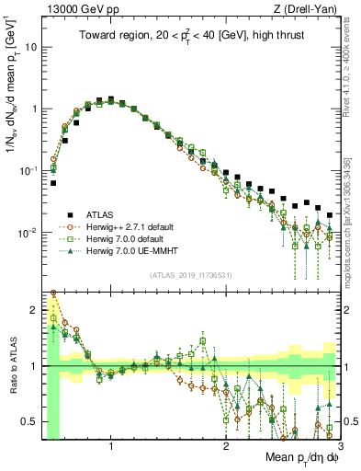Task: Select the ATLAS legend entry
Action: pyautogui.click(x=99, y=212)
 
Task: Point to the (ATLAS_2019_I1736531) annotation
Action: pyautogui.click(x=189, y=275)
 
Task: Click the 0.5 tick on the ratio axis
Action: pyautogui.click(x=33, y=421)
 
